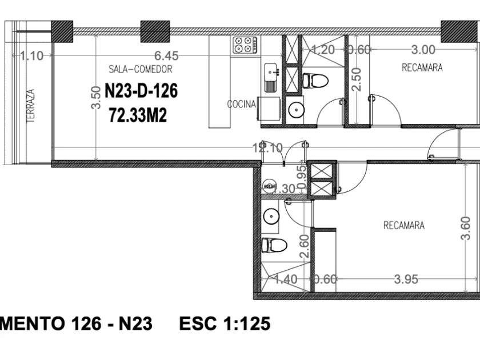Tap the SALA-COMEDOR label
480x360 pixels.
click(140, 70)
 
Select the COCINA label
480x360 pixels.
click(241, 105)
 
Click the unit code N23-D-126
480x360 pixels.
click(141, 91)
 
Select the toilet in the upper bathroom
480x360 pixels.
click(315, 81)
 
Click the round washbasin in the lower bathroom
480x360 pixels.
click(272, 216)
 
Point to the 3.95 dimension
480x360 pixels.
click(406, 279)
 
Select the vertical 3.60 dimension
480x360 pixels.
click(465, 228)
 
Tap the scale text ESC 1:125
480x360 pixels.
click(224, 324)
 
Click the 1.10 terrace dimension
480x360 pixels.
click(31, 55)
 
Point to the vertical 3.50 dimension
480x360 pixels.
click(96, 99)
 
